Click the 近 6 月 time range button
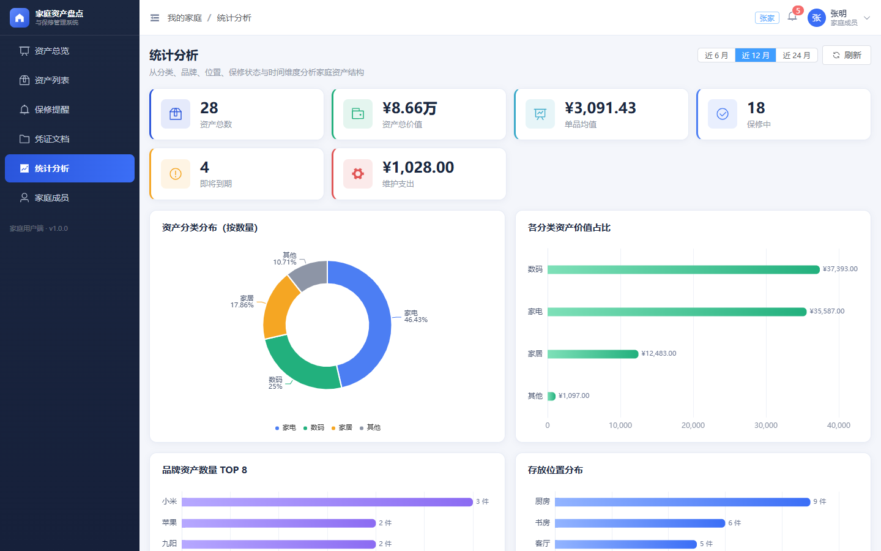point(716,56)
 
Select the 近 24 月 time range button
point(797,56)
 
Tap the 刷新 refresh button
point(846,56)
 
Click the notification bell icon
point(792,17)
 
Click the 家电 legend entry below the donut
point(286,427)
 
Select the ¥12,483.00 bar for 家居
point(593,354)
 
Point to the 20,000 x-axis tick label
point(693,425)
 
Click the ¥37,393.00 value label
point(840,269)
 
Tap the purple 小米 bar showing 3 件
point(327,502)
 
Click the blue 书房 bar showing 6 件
point(640,523)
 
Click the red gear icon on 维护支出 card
point(358,174)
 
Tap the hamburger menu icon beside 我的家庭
point(155,18)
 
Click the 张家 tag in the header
point(767,18)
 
